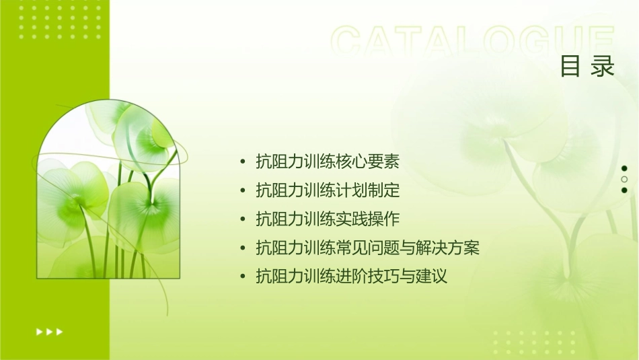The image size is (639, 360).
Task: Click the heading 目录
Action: (x=587, y=67)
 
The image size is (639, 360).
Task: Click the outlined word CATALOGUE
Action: (x=472, y=42)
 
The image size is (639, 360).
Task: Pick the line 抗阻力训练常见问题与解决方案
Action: (x=368, y=248)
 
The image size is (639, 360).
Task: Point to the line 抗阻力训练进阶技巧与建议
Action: (x=352, y=277)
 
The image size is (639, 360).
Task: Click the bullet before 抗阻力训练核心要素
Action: (x=243, y=162)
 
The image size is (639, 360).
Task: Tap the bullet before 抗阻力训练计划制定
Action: (x=243, y=191)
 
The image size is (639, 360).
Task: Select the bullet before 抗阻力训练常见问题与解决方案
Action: (x=243, y=248)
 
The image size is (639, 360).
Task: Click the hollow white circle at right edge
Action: (x=624, y=180)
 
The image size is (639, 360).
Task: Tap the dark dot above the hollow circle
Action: (x=624, y=168)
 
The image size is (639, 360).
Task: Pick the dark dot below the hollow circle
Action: (x=624, y=190)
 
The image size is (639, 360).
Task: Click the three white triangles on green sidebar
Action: (x=50, y=331)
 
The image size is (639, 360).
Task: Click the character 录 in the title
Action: (x=603, y=67)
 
